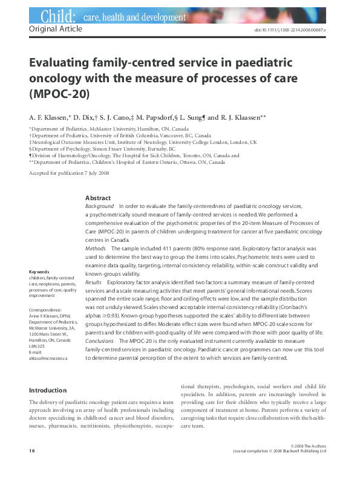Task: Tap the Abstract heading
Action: [97, 198]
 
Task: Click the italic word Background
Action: [100, 206]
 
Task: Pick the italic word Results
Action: [94, 282]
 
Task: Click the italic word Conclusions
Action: [99, 342]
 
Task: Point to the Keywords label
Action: [39, 272]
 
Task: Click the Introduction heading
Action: [48, 390]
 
